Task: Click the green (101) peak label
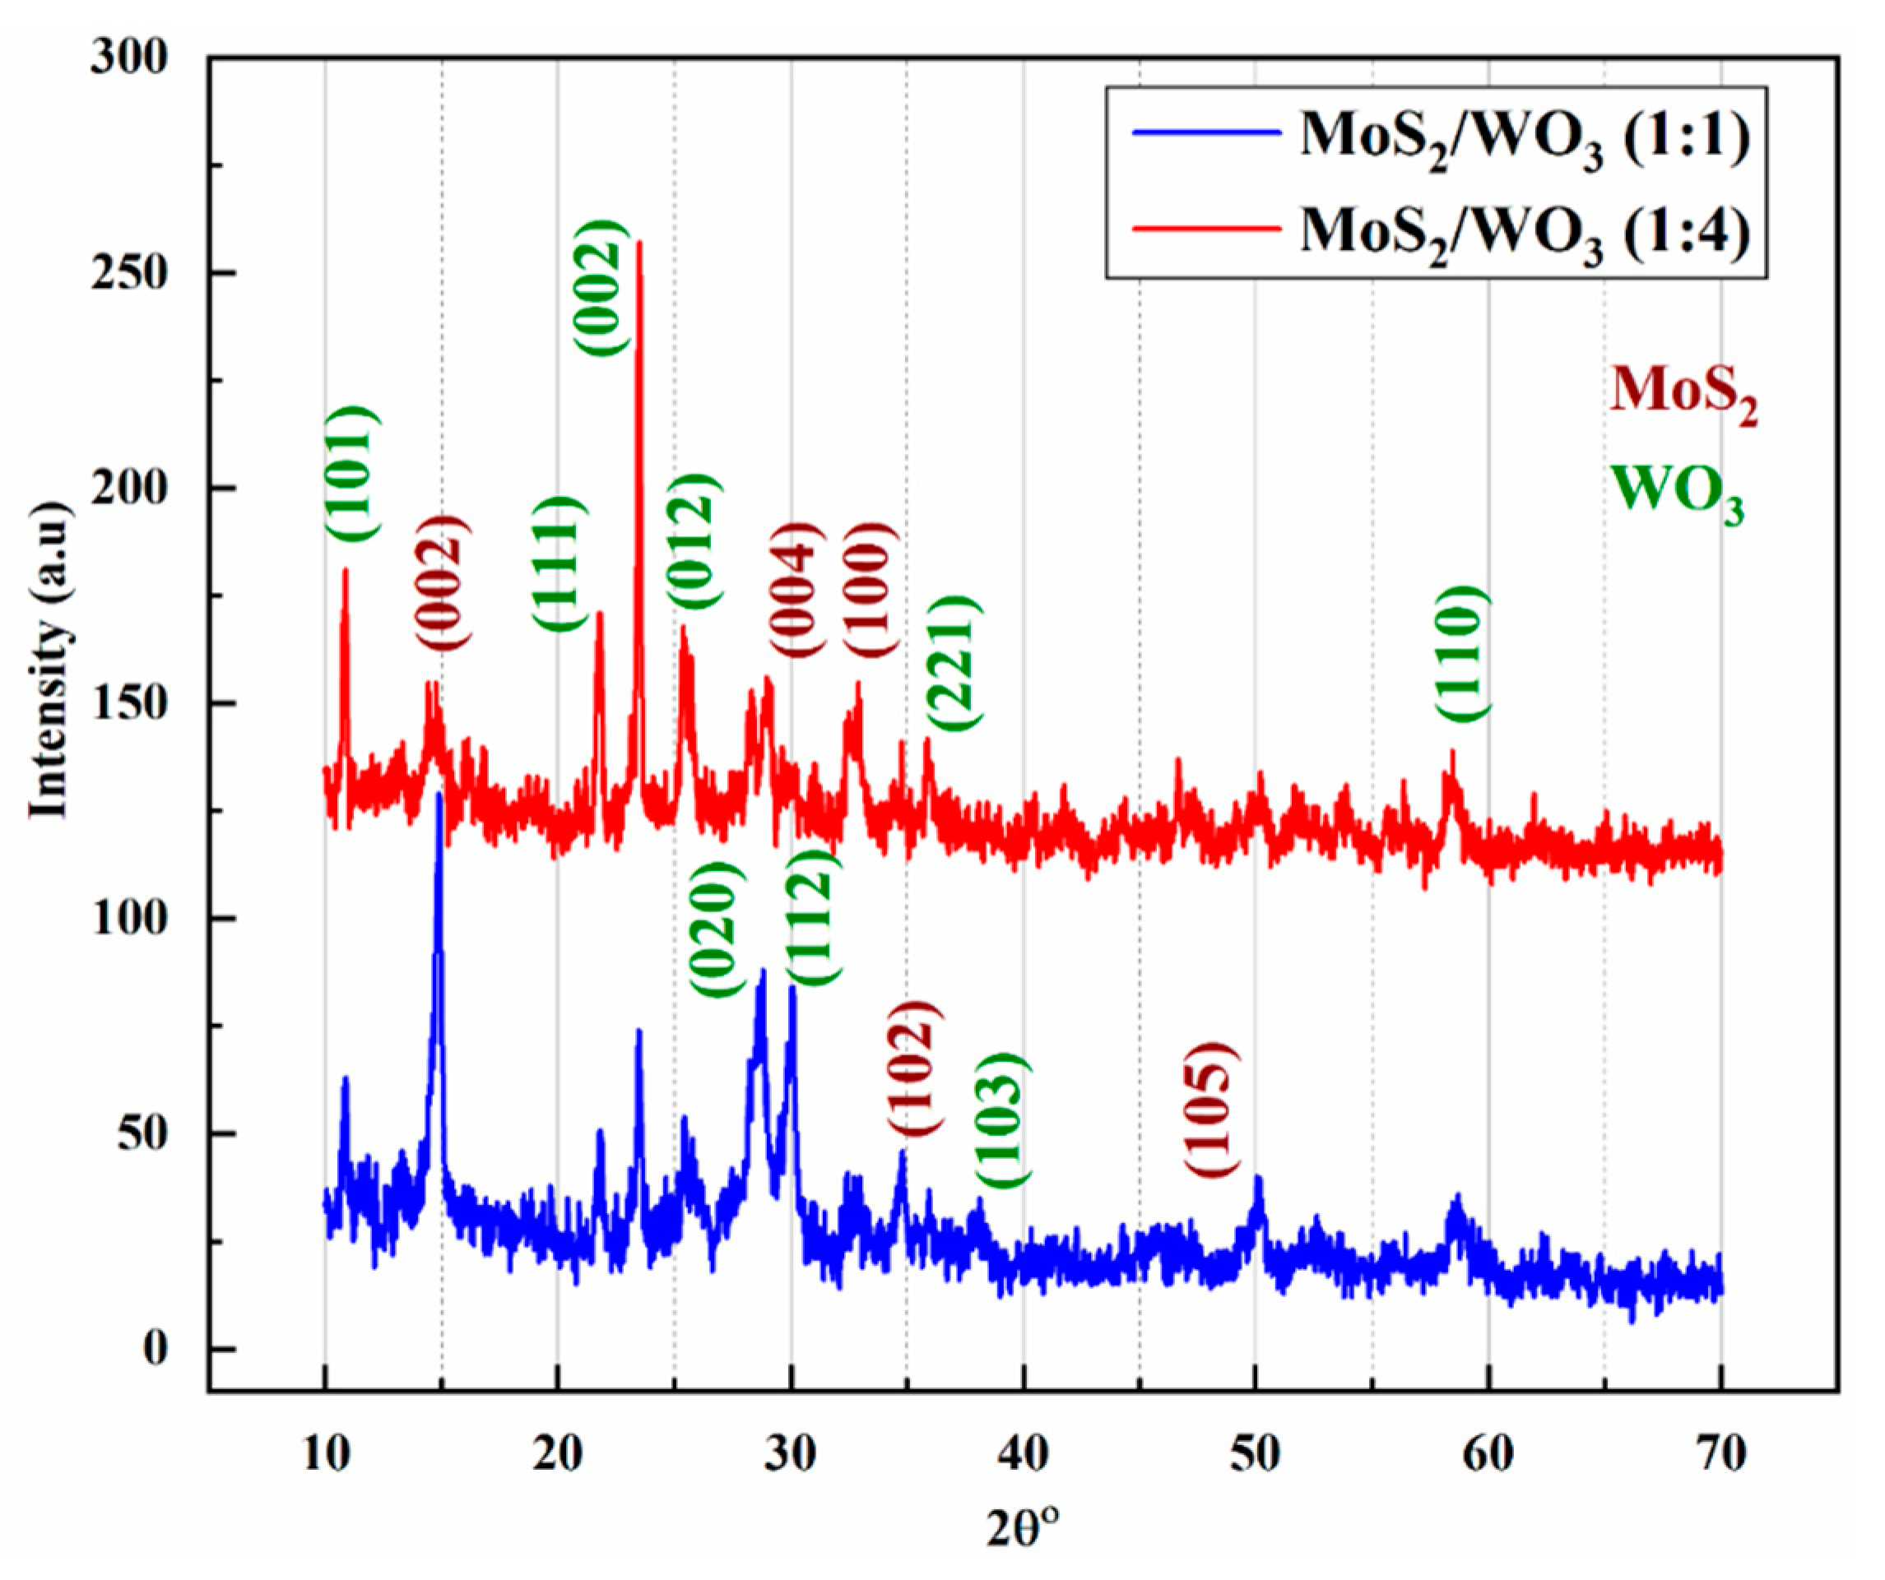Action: coord(352,474)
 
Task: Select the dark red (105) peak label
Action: coord(1212,1109)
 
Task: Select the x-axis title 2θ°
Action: coord(1023,1529)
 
